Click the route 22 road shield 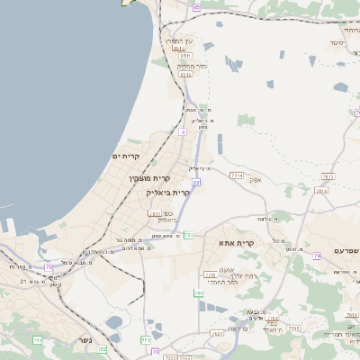195,183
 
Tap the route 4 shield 183,132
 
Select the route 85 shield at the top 197,7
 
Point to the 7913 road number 237,175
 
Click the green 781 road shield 188,235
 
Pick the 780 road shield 199,293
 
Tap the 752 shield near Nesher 102,349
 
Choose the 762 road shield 146,340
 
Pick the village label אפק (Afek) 256,180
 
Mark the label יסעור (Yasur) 337,42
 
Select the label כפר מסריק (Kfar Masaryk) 192,66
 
